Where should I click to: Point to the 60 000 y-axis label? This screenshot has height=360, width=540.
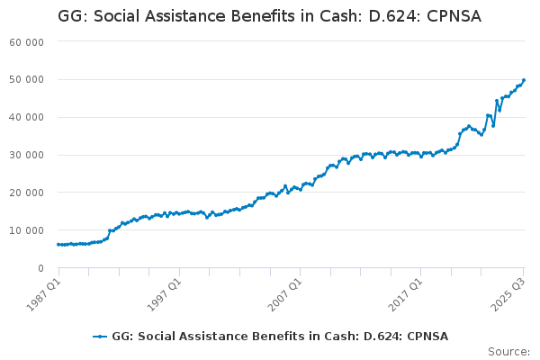coord(28,42)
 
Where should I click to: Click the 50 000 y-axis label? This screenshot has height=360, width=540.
coord(28,80)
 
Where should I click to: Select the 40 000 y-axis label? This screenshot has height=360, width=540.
coord(28,118)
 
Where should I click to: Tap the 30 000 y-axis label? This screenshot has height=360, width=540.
coord(28,156)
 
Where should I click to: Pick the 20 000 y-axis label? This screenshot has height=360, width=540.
coord(28,193)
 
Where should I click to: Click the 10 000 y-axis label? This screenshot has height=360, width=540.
coord(28,231)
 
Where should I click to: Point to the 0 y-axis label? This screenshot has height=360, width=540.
coord(41,269)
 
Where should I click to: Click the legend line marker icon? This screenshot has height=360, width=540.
coord(100,337)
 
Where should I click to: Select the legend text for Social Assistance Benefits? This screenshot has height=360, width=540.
coord(280,337)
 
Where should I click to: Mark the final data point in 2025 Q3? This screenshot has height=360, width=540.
coord(524,80)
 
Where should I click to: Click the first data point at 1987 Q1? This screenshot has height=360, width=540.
coord(58,245)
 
